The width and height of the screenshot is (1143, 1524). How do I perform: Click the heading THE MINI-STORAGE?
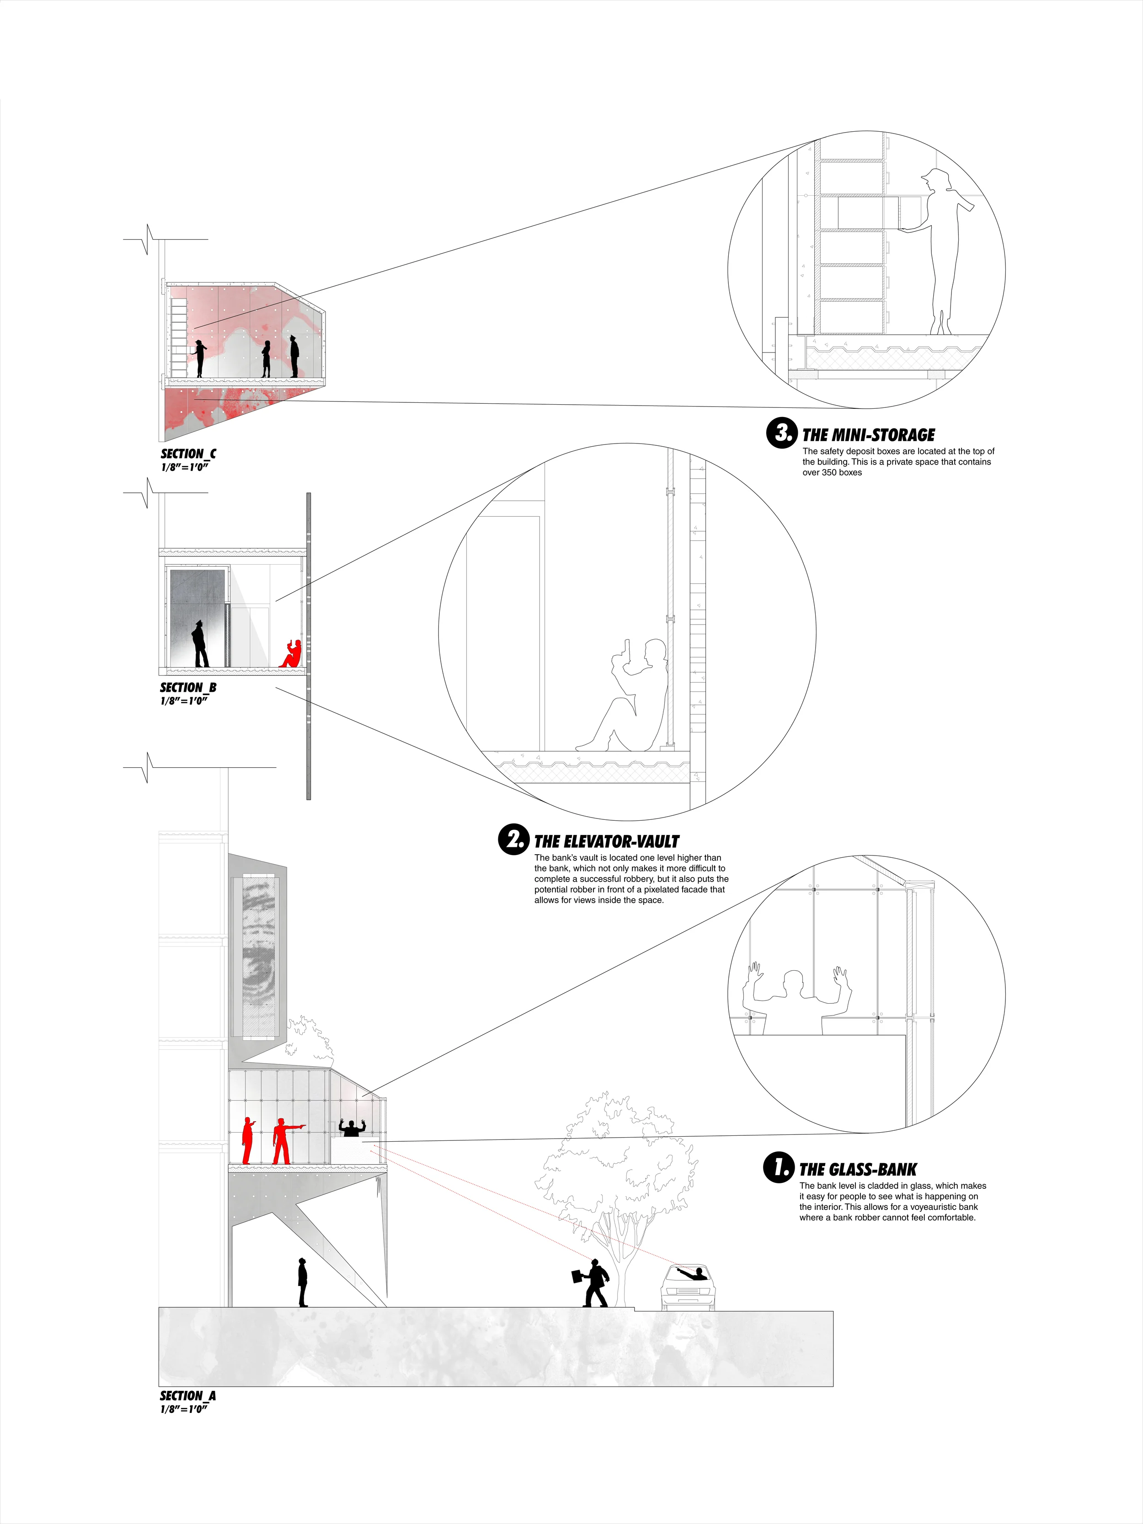[868, 435]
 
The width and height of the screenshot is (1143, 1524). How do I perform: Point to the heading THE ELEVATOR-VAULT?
[606, 841]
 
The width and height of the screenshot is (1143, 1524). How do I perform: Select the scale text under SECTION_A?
[184, 1409]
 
